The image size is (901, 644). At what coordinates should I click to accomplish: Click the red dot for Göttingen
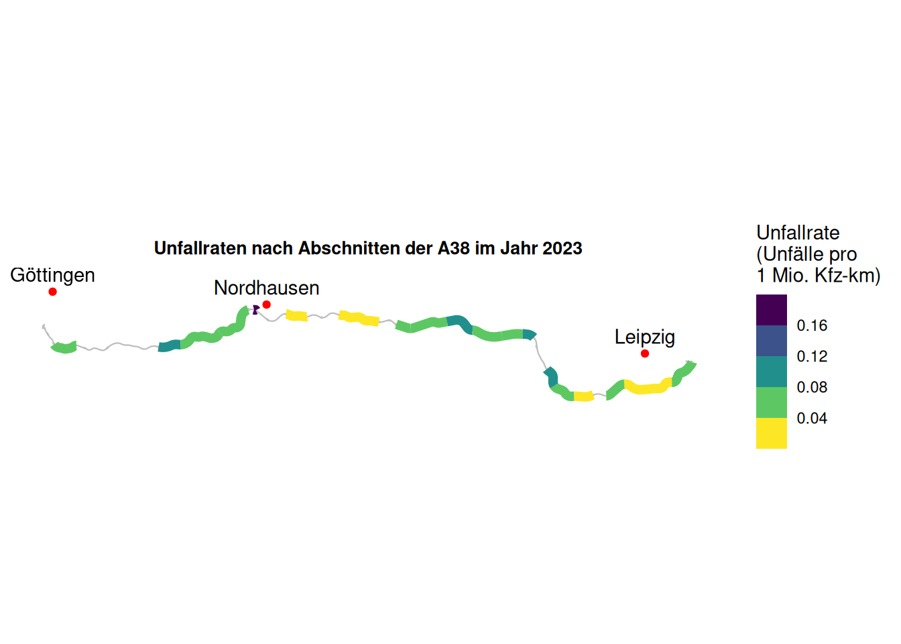[x=52, y=292]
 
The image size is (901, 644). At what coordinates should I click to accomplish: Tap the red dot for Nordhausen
[x=266, y=305]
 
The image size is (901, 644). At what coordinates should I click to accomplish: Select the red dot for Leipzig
[x=644, y=354]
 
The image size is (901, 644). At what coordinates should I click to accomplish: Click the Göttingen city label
[x=52, y=275]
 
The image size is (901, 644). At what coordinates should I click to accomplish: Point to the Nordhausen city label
[x=266, y=288]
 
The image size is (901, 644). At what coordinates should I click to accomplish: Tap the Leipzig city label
[x=644, y=337]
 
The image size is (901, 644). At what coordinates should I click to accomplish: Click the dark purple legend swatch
[x=771, y=310]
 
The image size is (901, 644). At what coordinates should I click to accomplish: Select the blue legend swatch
[x=771, y=341]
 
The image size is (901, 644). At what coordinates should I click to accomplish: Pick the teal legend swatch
[x=771, y=372]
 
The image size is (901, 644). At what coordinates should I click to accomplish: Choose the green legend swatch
[x=771, y=402]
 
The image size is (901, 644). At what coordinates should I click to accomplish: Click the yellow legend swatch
[x=771, y=433]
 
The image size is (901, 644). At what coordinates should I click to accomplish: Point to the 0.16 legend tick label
[x=812, y=326]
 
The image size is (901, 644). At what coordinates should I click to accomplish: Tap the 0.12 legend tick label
[x=812, y=357]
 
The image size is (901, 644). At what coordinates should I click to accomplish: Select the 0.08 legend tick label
[x=812, y=388]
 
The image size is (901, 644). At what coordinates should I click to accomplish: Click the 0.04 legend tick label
[x=812, y=419]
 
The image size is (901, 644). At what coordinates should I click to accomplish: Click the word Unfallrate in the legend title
[x=798, y=233]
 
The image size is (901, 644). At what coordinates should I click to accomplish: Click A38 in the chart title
[x=453, y=248]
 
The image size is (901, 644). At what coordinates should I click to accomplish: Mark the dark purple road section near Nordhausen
[x=255, y=309]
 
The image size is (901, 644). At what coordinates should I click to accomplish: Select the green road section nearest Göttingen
[x=64, y=347]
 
